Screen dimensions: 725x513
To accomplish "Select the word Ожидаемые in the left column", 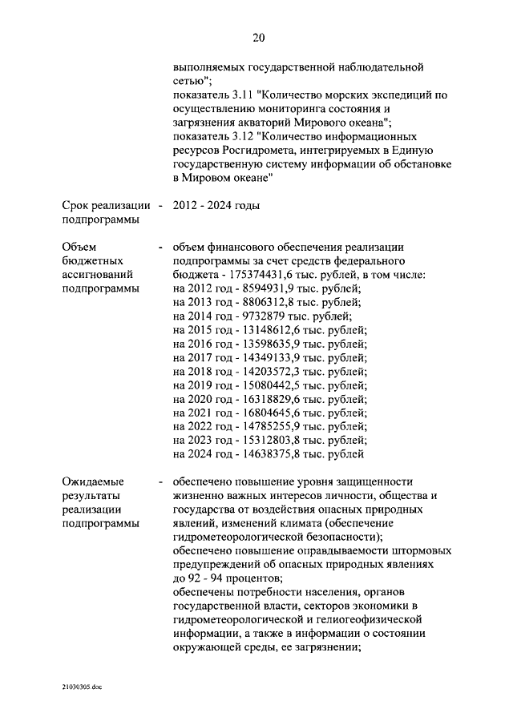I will pyautogui.click(x=94, y=481).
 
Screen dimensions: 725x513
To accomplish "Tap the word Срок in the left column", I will pyautogui.click(x=75, y=206).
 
